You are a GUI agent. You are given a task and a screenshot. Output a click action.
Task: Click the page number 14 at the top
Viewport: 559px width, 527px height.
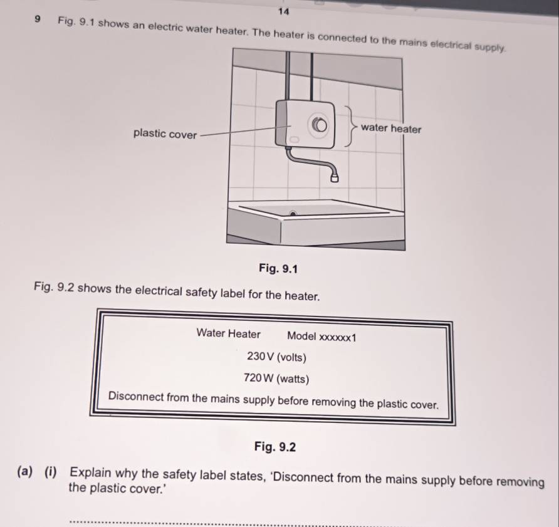click(283, 11)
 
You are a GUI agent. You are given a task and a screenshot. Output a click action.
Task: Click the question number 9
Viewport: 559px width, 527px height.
click(38, 19)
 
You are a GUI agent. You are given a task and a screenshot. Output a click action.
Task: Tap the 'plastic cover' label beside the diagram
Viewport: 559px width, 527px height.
click(165, 133)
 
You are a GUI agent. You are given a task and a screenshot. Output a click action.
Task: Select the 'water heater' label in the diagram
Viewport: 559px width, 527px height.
click(390, 128)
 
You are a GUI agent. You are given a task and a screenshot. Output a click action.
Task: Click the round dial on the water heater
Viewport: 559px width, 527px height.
click(320, 125)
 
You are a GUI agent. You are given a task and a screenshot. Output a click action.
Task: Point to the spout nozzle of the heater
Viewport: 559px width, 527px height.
click(335, 177)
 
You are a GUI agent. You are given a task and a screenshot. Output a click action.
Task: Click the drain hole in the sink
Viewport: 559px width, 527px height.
click(293, 214)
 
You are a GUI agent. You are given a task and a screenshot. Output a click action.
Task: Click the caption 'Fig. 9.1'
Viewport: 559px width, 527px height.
click(278, 268)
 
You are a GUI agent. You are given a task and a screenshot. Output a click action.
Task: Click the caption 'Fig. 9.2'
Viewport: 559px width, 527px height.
click(275, 446)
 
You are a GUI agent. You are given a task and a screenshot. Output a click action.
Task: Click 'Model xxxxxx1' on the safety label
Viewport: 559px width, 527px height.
click(321, 337)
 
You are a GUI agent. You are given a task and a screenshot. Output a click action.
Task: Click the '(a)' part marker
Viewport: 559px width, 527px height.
click(25, 471)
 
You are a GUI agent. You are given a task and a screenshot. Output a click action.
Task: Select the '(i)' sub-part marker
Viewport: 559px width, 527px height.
click(51, 472)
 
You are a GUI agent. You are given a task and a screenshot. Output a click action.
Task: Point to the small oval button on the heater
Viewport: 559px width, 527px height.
click(294, 139)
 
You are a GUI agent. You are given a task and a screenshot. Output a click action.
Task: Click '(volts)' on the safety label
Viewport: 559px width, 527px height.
click(291, 357)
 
